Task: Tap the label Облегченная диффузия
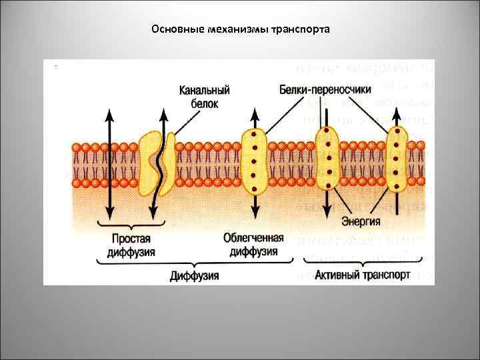(x=253, y=245)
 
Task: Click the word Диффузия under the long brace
(x=195, y=275)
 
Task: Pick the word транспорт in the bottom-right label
(x=383, y=275)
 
